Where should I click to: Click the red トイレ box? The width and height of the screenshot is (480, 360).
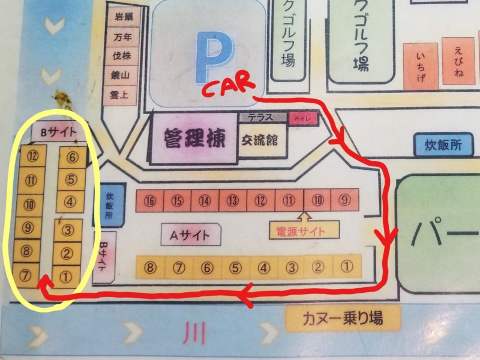pyautogui.click(x=300, y=118)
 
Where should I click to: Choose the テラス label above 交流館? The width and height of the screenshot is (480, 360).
pyautogui.click(x=262, y=117)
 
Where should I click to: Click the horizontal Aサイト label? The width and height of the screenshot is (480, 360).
pyautogui.click(x=190, y=234)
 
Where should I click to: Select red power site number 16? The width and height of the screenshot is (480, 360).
pyautogui.click(x=149, y=200)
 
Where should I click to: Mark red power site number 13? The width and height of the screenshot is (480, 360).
pyautogui.click(x=233, y=200)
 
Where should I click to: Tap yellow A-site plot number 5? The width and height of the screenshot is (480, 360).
pyautogui.click(x=235, y=266)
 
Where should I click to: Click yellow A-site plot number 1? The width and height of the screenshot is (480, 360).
pyautogui.click(x=346, y=265)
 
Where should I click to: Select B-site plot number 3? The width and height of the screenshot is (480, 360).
pyautogui.click(x=68, y=230)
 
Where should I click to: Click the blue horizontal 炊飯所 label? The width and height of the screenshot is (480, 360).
pyautogui.click(x=442, y=145)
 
